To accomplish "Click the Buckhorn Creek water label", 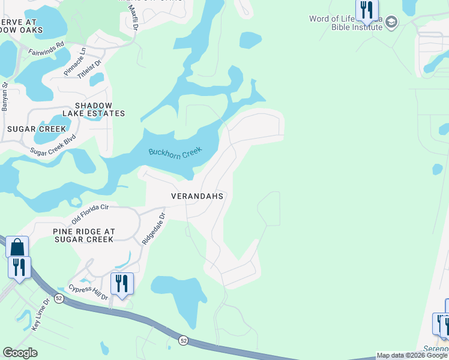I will pyautogui.click(x=175, y=152).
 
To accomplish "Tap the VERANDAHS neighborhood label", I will pyautogui.click(x=197, y=196).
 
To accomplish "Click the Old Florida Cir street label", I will pyautogui.click(x=89, y=213).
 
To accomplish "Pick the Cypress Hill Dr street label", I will pyautogui.click(x=88, y=292).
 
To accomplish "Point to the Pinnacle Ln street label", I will pyautogui.click(x=76, y=62).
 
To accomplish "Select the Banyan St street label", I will pyautogui.click(x=5, y=97).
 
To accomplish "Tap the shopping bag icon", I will pyautogui.click(x=17, y=247).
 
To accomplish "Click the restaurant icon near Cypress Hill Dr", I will pyautogui.click(x=122, y=283).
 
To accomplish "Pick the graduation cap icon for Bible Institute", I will pyautogui.click(x=391, y=23).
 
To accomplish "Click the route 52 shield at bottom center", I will pyautogui.click(x=183, y=340).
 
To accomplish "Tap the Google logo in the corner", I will pyautogui.click(x=20, y=353).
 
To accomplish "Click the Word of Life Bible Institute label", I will pyautogui.click(x=345, y=23).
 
